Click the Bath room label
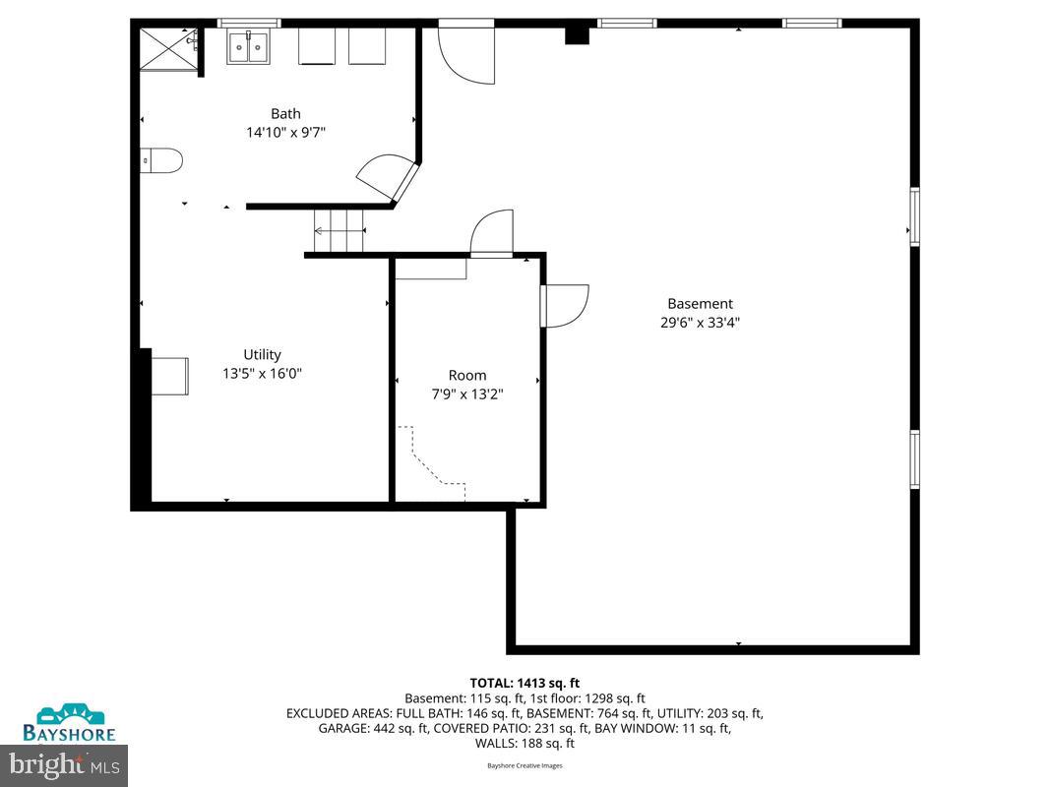tap(285, 114)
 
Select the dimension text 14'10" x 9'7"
tap(285, 132)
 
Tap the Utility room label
tap(262, 355)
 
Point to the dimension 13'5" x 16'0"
tap(262, 373)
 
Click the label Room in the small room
tap(467, 375)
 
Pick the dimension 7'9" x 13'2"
tap(467, 393)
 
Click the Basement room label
tap(700, 304)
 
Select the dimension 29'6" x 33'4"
tap(700, 322)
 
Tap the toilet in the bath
tap(162, 160)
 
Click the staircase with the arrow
tap(340, 232)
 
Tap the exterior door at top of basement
tap(464, 55)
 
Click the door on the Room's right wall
tap(565, 305)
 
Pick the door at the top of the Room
tap(493, 234)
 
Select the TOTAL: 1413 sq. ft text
tap(525, 683)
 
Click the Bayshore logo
tap(69, 722)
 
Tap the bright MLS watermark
tap(64, 762)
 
